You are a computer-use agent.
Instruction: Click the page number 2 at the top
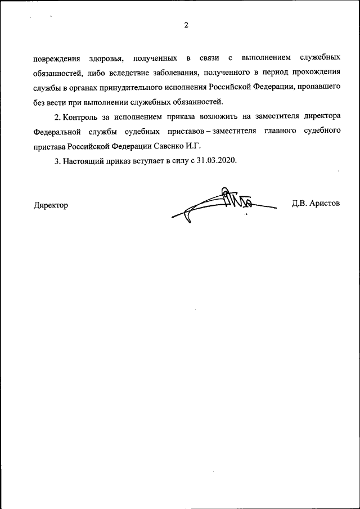click(186, 25)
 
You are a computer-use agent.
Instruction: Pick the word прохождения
click(315, 73)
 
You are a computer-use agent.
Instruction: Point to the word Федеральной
click(57, 132)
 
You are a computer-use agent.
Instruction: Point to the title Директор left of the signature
click(51, 205)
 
